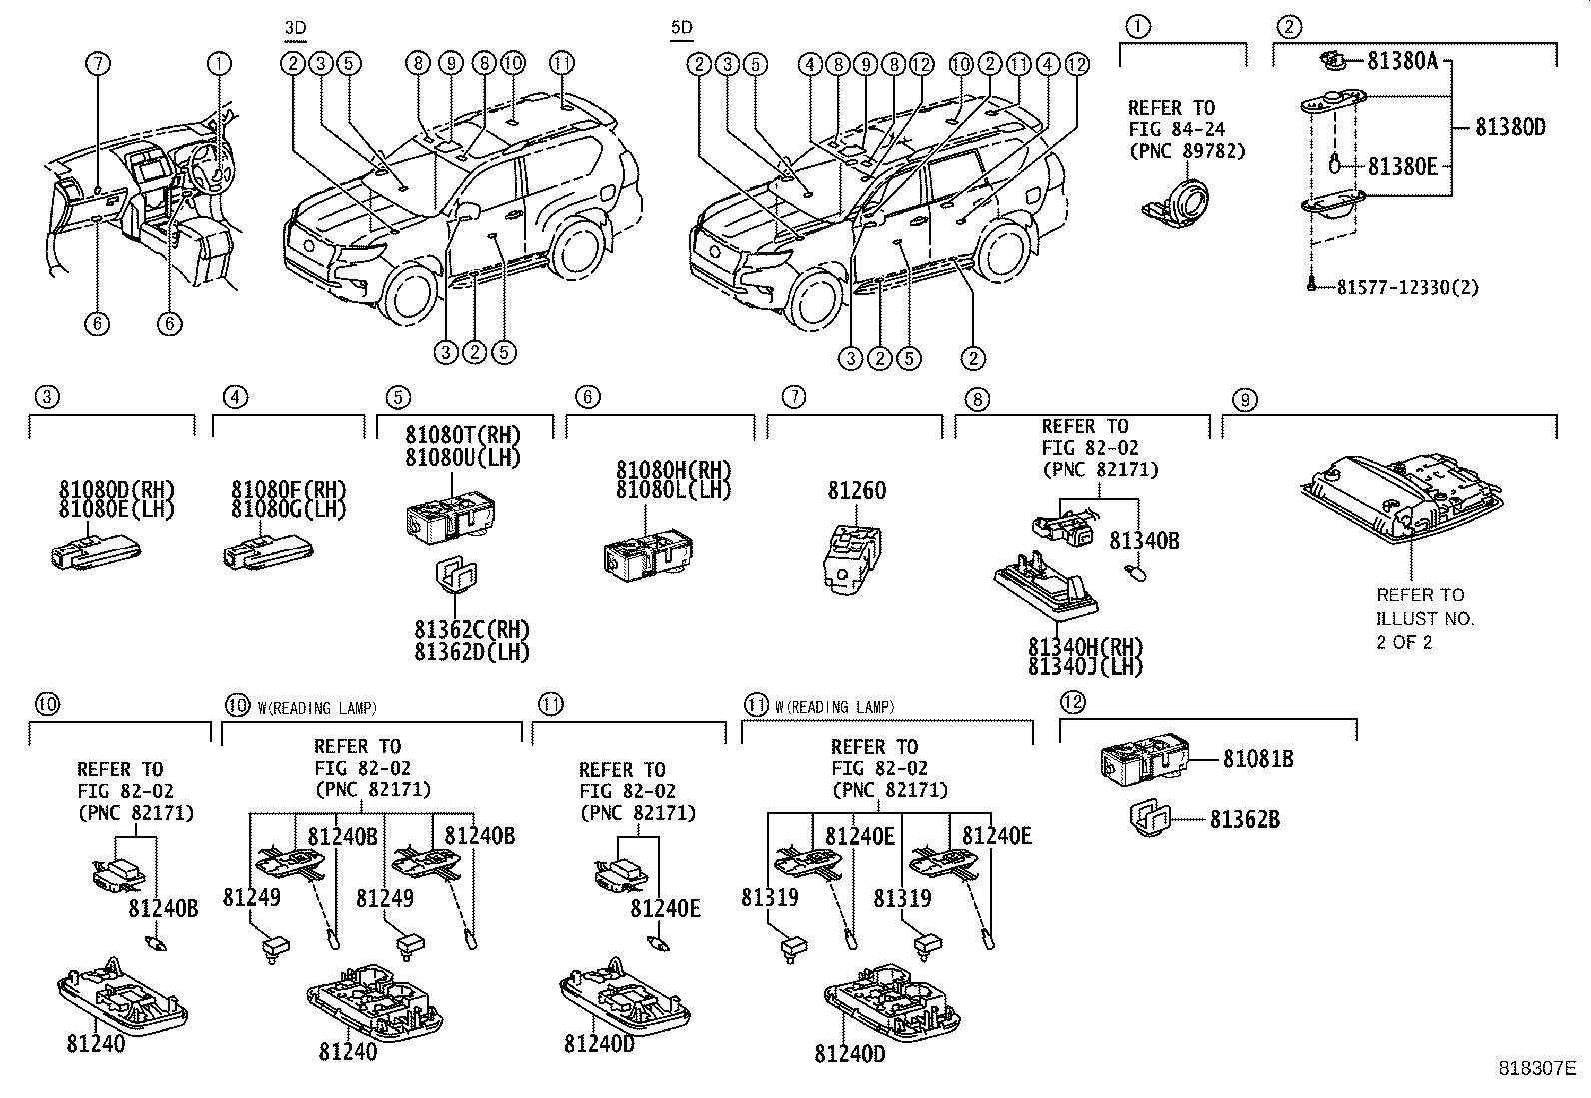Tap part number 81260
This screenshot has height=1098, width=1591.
[x=856, y=491]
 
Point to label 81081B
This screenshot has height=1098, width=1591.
[x=1258, y=760]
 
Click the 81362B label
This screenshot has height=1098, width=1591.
[x=1244, y=820]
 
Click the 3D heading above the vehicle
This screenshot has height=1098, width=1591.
[x=295, y=28]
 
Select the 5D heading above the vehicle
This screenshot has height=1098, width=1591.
[x=681, y=28]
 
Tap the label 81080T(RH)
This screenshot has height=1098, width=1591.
[x=463, y=434]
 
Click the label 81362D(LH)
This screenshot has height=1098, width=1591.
[x=472, y=652]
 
